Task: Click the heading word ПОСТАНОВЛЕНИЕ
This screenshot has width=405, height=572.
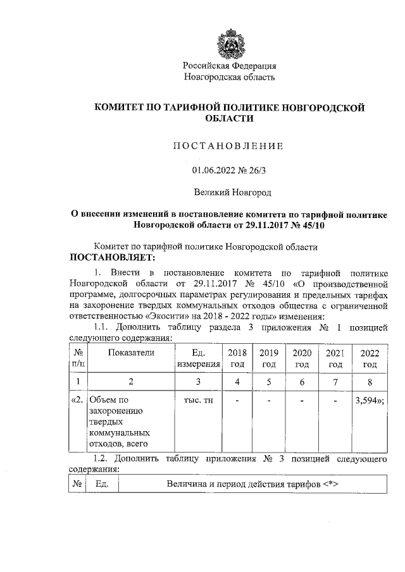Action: coord(228,147)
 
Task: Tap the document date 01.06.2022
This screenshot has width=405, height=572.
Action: coord(213,169)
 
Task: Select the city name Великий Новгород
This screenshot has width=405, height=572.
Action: coord(229,192)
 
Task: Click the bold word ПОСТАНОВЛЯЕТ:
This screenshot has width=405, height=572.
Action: coord(112,258)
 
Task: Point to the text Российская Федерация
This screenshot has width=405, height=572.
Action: coord(229,66)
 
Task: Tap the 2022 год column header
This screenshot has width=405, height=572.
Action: coord(370,358)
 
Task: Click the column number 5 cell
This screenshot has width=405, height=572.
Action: coord(269,382)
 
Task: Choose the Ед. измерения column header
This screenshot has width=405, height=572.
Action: coord(198,358)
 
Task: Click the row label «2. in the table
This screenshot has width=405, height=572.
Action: coord(76,399)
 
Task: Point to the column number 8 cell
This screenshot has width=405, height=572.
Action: coord(370,382)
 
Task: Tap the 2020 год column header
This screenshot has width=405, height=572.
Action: coord(302,358)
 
